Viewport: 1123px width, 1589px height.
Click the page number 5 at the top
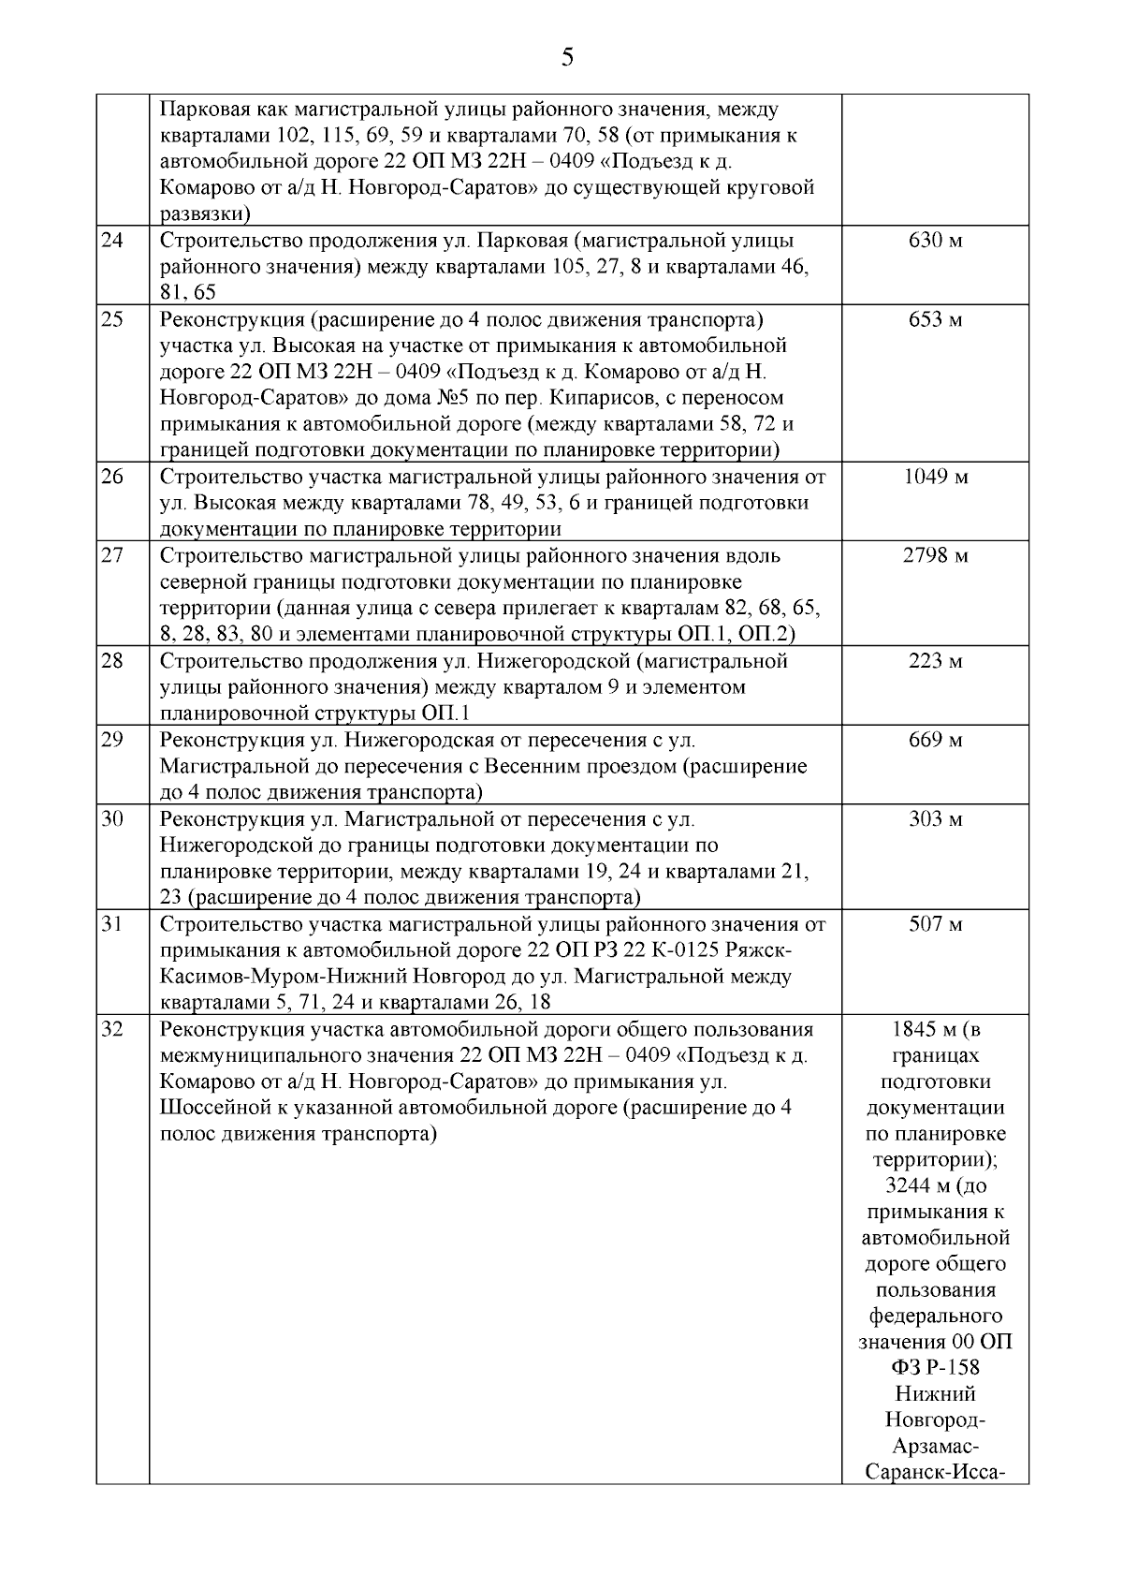coord(566,58)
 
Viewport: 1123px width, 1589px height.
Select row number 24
coord(112,240)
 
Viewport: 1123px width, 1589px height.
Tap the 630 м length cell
coord(935,240)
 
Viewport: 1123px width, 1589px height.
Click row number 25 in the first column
coord(112,319)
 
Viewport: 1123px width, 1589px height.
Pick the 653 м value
coord(935,319)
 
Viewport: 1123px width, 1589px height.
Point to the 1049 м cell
coord(935,477)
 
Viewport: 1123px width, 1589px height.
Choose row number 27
coord(112,555)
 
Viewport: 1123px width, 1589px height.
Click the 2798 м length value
coord(935,555)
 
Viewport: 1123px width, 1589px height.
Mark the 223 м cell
coord(935,661)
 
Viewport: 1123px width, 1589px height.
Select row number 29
coord(112,740)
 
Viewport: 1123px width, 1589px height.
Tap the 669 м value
coord(935,740)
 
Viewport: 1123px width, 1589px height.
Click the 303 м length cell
coord(935,819)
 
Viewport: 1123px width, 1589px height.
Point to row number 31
coord(112,924)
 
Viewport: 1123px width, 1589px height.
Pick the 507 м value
coord(935,924)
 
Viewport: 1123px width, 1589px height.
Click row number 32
coord(112,1030)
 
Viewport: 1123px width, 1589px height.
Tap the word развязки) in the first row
coord(205,213)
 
